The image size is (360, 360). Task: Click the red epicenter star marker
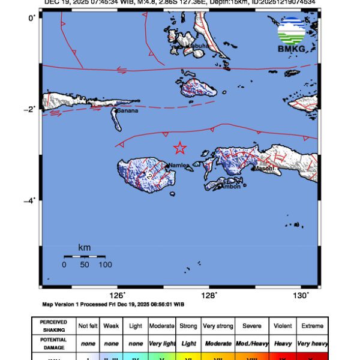[x=179, y=148]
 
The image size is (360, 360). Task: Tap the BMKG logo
[x=292, y=34]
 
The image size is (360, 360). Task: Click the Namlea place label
[x=179, y=165]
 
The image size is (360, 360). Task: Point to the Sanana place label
[x=127, y=111]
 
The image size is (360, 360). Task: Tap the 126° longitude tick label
[x=117, y=295]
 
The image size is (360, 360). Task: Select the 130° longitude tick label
[x=301, y=295]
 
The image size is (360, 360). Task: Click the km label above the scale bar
[x=85, y=248]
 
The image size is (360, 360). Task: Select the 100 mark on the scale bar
[x=105, y=265]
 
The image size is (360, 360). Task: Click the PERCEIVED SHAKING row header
[x=53, y=326]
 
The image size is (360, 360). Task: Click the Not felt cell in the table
[x=88, y=326]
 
